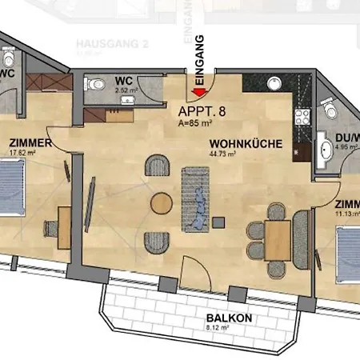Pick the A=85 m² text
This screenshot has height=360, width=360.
tap(195, 125)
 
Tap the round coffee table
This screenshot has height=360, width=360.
tap(162, 204)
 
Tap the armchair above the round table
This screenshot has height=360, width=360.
tap(158, 166)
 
